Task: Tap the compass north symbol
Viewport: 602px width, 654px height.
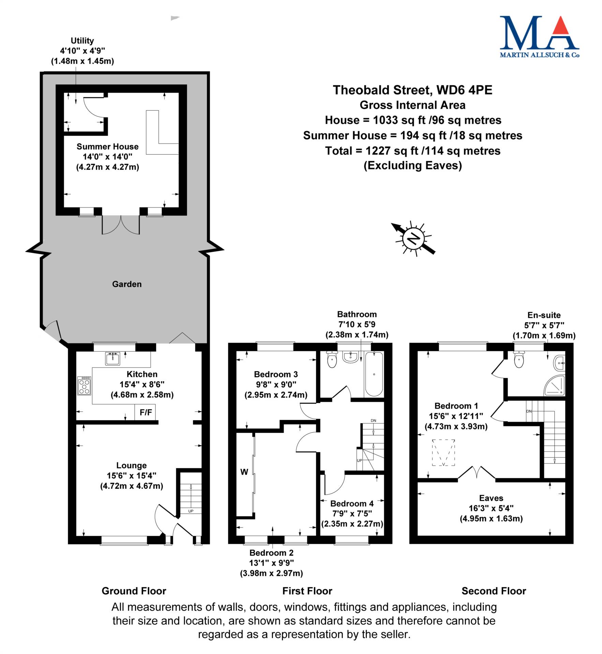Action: [x=413, y=238]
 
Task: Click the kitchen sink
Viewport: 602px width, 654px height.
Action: [x=112, y=359]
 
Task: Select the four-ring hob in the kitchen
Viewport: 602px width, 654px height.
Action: [x=84, y=386]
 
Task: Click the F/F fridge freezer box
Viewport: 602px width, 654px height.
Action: [x=146, y=412]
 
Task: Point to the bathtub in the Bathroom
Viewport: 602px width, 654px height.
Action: [x=374, y=374]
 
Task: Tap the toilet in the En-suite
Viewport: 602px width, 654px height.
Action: [x=518, y=359]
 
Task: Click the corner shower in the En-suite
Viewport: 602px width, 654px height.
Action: [x=554, y=385]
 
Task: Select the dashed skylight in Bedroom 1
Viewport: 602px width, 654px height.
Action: [x=443, y=452]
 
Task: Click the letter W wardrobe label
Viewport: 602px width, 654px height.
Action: [x=244, y=472]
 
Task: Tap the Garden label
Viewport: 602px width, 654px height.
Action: [x=127, y=284]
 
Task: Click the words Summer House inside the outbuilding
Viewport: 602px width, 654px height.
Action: [x=107, y=146]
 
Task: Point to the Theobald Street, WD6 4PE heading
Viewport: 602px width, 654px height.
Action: [x=412, y=90]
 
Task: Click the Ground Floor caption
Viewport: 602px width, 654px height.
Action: [x=134, y=591]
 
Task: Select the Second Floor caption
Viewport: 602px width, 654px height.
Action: [x=494, y=591]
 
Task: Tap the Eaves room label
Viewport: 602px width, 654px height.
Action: [x=491, y=498]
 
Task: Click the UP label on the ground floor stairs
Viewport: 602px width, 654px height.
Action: [x=191, y=511]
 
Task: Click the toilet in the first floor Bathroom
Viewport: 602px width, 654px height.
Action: [x=332, y=359]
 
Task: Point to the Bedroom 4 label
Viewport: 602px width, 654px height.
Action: [x=352, y=503]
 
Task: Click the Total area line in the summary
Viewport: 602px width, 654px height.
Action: [x=413, y=151]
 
